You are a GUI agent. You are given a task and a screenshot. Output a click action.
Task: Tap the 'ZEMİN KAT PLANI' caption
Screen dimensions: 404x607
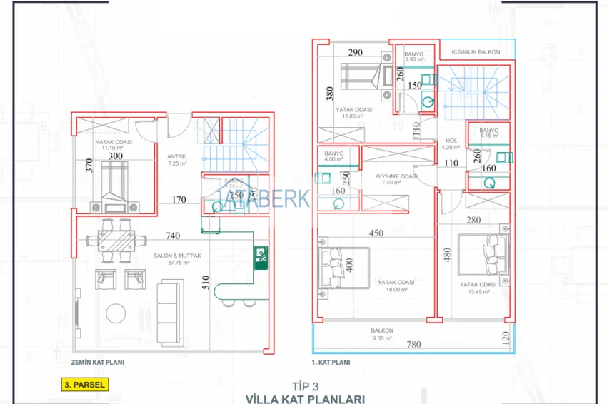[x=94, y=363]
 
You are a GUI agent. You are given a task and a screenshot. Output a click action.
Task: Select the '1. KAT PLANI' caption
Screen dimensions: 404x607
[x=331, y=363]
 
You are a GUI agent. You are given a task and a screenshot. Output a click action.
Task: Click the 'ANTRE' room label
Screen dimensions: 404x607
[x=176, y=156]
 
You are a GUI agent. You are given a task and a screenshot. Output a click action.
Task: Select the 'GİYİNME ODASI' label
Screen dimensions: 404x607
[x=396, y=176]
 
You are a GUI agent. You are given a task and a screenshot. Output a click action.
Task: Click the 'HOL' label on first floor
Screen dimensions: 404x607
[x=451, y=141]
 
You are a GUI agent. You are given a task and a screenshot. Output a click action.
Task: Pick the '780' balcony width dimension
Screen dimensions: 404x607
[x=413, y=345]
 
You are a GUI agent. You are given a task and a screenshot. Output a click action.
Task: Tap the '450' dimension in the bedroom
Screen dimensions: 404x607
[x=376, y=233]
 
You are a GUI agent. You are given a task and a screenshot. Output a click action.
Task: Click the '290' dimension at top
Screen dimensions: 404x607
[x=356, y=53]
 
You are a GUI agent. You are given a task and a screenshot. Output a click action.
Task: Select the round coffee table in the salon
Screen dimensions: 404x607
[x=115, y=313]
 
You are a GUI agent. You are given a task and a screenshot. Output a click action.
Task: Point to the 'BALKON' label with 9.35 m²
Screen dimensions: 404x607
[x=381, y=330]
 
